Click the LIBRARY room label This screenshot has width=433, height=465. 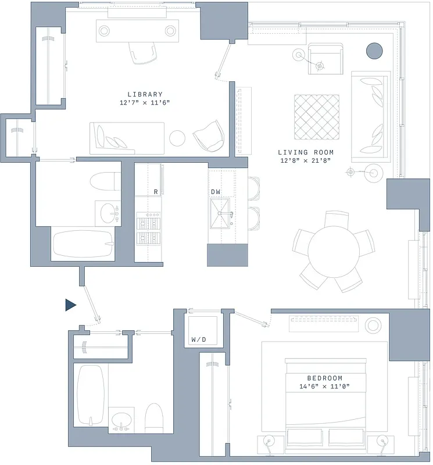point(145,94)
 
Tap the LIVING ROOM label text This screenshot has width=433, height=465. point(306,152)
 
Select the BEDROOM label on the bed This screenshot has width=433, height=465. point(324,378)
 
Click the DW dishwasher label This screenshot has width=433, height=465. point(216,191)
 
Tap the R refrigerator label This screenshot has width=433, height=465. point(156,191)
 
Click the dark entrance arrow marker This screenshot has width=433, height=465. point(70,305)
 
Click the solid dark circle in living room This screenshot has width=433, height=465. point(374,51)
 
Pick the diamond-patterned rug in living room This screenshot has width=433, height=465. point(316,117)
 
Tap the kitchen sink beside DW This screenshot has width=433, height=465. point(221,214)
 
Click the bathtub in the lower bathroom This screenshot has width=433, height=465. point(90,395)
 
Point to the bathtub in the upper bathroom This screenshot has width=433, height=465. point(83,244)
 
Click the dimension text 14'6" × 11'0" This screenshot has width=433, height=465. point(324,387)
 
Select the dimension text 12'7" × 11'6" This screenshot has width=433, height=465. point(145,103)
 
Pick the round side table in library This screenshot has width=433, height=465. point(177,138)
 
